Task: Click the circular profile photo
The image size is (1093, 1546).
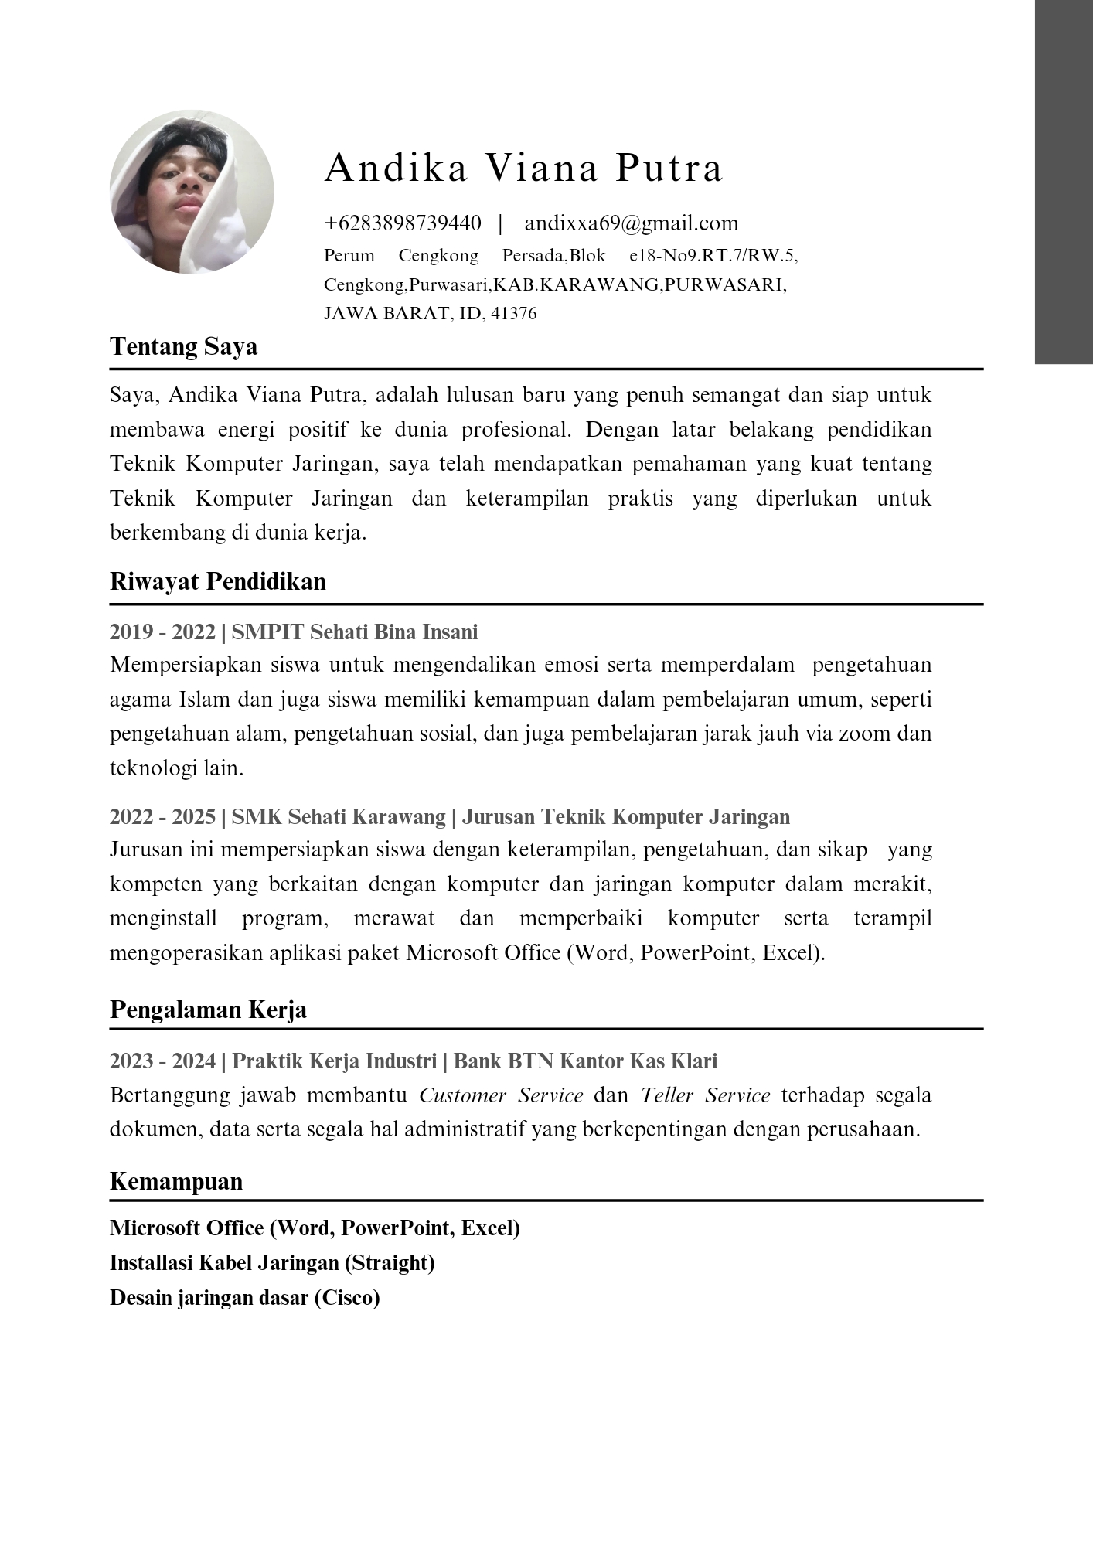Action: pyautogui.click(x=192, y=192)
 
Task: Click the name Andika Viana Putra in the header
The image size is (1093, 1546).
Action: pyautogui.click(x=523, y=168)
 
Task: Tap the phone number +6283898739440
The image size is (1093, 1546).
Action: pyautogui.click(x=403, y=223)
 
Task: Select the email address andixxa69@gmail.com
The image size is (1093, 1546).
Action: pyautogui.click(x=632, y=223)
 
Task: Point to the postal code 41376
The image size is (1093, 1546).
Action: pyautogui.click(x=513, y=314)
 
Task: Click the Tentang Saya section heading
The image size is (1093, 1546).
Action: pyautogui.click(x=184, y=346)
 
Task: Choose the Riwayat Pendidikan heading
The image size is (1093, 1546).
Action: pyautogui.click(x=218, y=581)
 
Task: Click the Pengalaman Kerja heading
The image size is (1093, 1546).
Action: pyautogui.click(x=208, y=1010)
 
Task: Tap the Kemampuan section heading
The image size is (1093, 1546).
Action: pyautogui.click(x=176, y=1181)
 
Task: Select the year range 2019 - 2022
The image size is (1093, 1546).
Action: pyautogui.click(x=162, y=632)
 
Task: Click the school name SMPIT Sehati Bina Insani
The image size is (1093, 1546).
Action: pyautogui.click(x=355, y=632)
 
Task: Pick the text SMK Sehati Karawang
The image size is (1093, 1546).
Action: pyautogui.click(x=339, y=817)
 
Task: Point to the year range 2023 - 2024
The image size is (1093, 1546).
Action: pyautogui.click(x=162, y=1061)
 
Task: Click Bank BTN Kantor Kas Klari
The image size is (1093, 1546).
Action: pyautogui.click(x=585, y=1061)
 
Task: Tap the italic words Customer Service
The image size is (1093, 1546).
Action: pyautogui.click(x=501, y=1095)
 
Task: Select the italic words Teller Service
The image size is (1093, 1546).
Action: pyautogui.click(x=705, y=1095)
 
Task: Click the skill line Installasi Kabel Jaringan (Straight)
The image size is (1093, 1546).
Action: pyautogui.click(x=272, y=1263)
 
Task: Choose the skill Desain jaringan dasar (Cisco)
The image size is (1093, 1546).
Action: pyautogui.click(x=245, y=1298)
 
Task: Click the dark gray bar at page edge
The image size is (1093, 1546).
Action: pyautogui.click(x=1064, y=182)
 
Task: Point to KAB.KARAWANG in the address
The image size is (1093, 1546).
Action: pyautogui.click(x=576, y=284)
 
